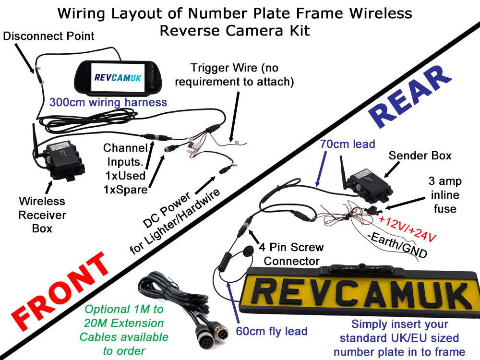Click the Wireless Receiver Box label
point(42,214)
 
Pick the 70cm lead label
point(348,144)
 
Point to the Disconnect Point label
point(48,36)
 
